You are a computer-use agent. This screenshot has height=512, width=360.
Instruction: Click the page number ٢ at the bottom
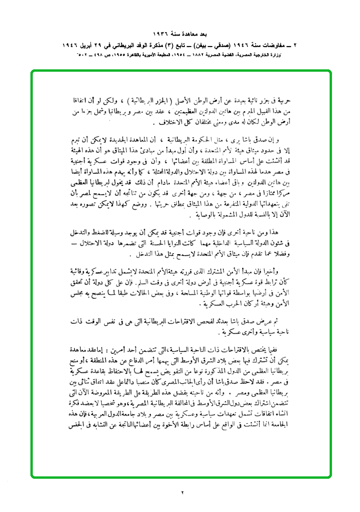pyautogui.click(x=181, y=493)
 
